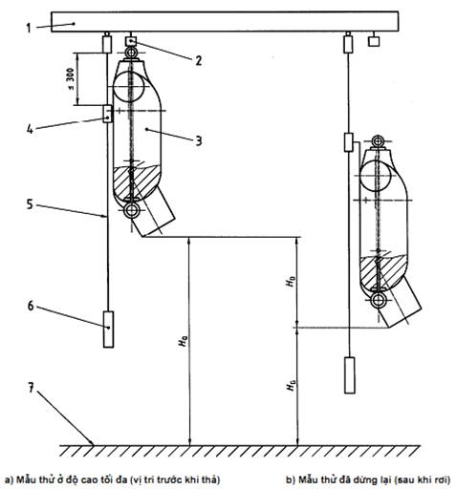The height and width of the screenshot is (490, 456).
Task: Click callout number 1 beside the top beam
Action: [x=29, y=28]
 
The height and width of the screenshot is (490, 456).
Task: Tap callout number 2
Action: [x=199, y=60]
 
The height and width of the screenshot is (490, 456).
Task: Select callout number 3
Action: [x=199, y=140]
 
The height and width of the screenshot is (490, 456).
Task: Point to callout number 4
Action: [x=30, y=129]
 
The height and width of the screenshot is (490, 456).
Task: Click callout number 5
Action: [x=30, y=204]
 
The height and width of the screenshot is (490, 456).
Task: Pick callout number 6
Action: [x=31, y=306]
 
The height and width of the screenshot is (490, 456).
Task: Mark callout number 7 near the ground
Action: [x=31, y=388]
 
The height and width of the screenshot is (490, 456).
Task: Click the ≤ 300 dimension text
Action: [x=71, y=79]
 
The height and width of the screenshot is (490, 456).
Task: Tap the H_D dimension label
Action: [x=291, y=282]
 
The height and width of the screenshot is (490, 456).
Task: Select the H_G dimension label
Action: [x=291, y=385]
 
